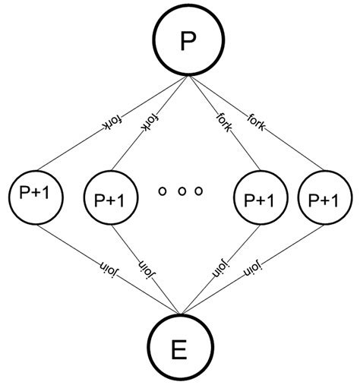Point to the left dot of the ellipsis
pyautogui.click(x=162, y=191)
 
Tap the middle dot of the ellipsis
pyautogui.click(x=181, y=191)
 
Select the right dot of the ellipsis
pyautogui.click(x=199, y=191)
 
